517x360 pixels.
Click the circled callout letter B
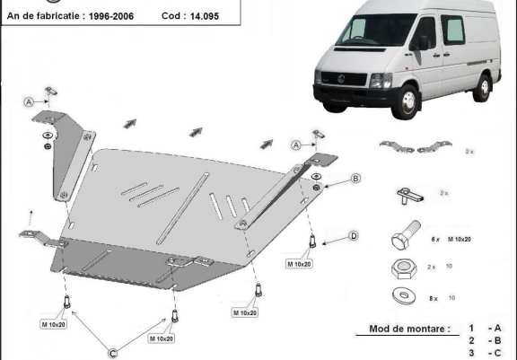coord(355,179)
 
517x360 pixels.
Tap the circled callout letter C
coord(113,354)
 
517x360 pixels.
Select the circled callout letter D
coord(354,236)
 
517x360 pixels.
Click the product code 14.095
coord(204,16)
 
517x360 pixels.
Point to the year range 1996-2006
coord(111,16)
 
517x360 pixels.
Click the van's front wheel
coord(407,101)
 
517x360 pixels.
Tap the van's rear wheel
coord(482,88)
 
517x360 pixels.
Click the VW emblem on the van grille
coord(342,79)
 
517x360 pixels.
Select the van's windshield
coord(375,30)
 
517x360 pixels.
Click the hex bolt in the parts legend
coord(406,234)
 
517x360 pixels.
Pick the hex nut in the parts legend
coord(404,268)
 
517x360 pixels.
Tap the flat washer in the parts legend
coord(404,295)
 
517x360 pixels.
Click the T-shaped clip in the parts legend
coord(410,196)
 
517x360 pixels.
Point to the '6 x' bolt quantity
coord(435,240)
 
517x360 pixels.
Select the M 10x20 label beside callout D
coord(299,264)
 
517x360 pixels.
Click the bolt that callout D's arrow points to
coord(312,241)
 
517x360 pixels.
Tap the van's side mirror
coord(423,43)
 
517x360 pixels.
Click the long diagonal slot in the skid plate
coord(182,208)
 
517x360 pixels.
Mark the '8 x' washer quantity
coord(434,299)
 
